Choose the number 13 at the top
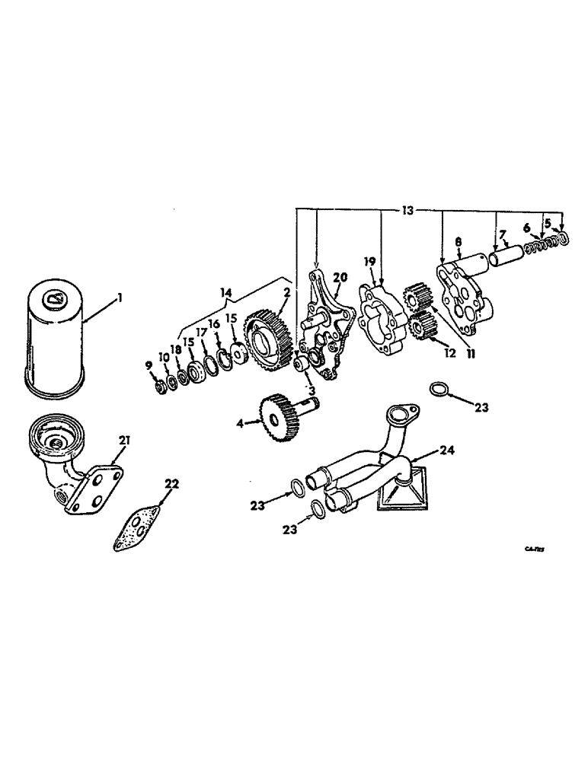pos(408,210)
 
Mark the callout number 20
pos(340,277)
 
